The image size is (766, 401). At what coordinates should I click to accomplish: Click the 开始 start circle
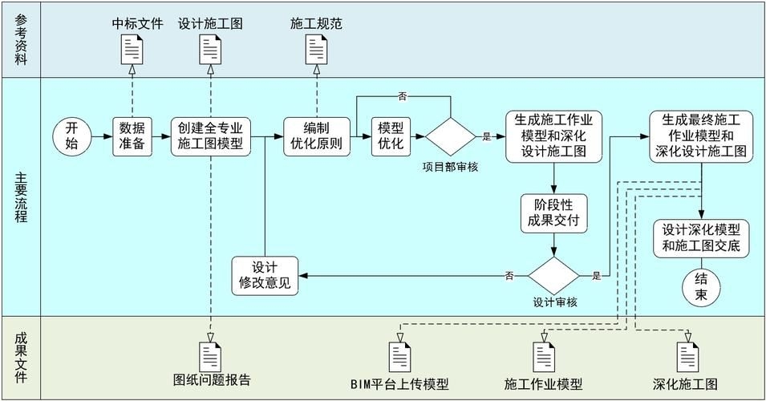coord(72,136)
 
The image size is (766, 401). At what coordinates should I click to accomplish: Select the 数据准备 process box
coord(132,136)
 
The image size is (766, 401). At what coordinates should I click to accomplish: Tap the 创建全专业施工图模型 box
coord(211,136)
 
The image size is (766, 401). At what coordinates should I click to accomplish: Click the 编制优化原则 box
coord(316,136)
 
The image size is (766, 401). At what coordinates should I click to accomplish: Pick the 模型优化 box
coord(391,136)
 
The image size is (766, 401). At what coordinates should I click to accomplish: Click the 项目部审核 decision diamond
coord(451,136)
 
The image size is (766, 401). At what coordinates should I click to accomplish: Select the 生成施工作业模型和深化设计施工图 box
coord(553,136)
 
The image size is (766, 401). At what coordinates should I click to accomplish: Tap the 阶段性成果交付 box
coord(553,212)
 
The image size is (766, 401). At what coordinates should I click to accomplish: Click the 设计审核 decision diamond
coord(553,276)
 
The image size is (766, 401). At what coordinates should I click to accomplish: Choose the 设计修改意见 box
coord(265,276)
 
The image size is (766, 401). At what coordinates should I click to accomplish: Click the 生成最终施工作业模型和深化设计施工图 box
coord(702,136)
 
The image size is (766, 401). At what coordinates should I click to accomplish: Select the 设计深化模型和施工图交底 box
coord(702,238)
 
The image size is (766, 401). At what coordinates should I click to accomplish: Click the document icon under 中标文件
coord(132,51)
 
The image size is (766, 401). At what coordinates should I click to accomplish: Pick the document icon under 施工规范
coord(316,51)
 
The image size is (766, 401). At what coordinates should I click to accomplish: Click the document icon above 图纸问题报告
coord(211,356)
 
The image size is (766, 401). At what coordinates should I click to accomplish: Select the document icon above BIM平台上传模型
coord(399,356)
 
